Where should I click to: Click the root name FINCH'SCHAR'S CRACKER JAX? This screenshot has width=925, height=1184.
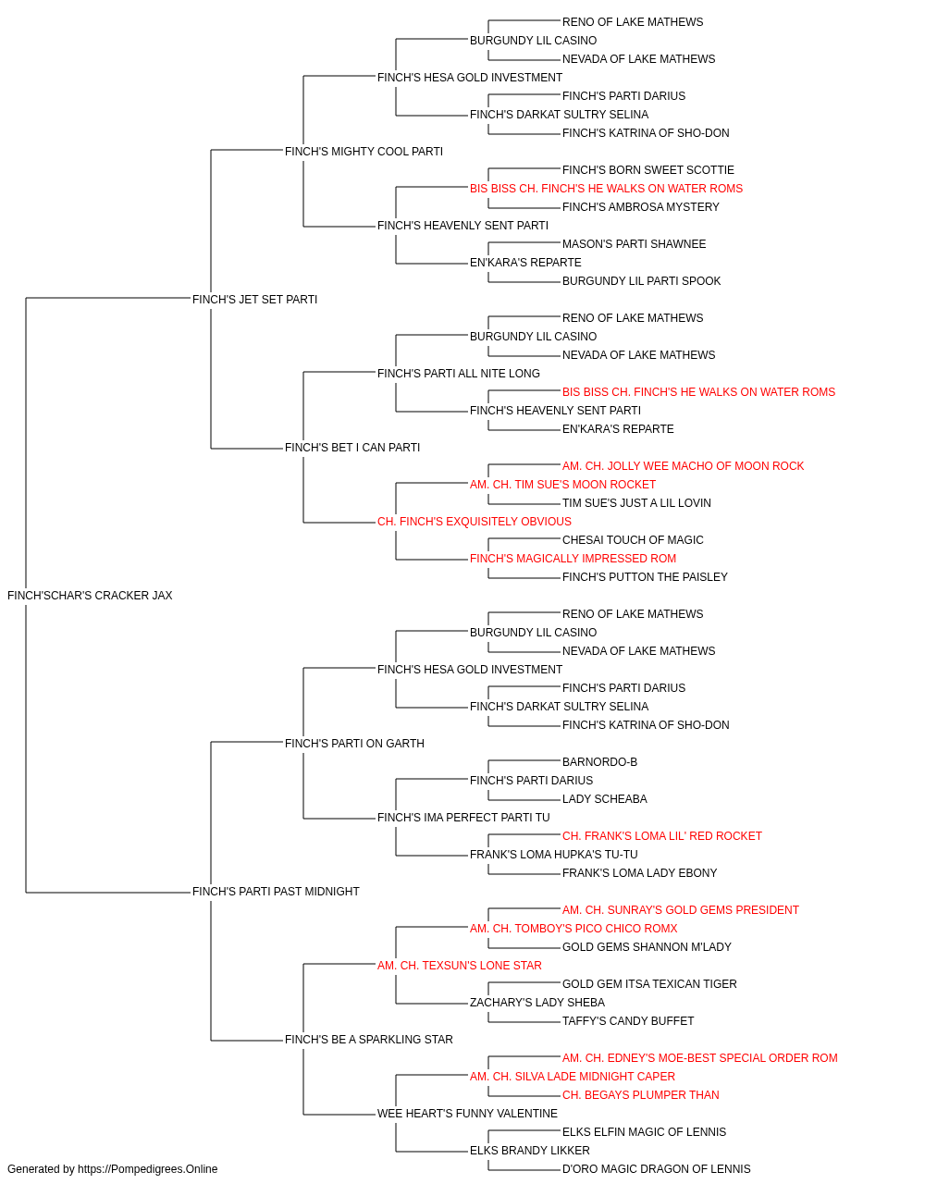click(x=90, y=596)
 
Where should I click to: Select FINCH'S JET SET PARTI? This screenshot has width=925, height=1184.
click(x=255, y=300)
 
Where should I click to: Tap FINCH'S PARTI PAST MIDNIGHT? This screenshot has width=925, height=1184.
click(x=276, y=892)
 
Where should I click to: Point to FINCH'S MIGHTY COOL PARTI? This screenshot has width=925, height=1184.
click(x=364, y=152)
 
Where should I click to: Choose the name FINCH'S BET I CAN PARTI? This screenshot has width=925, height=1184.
click(x=352, y=448)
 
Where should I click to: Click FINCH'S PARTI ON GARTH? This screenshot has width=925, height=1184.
click(x=354, y=743)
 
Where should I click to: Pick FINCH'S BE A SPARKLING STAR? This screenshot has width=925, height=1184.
click(x=369, y=1039)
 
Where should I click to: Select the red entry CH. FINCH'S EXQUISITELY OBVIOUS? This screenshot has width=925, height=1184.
click(x=475, y=522)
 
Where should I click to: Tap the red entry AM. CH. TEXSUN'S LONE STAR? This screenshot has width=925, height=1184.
click(x=460, y=966)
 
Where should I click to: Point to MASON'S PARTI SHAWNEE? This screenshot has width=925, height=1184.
click(x=635, y=244)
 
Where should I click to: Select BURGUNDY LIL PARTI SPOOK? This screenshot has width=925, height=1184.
click(x=642, y=281)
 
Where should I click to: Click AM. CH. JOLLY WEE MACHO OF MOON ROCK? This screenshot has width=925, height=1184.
click(x=684, y=466)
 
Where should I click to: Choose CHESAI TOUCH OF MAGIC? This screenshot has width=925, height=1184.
click(x=633, y=540)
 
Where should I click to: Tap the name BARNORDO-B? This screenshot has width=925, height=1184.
click(x=599, y=761)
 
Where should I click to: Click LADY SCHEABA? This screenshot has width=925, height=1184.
click(x=605, y=799)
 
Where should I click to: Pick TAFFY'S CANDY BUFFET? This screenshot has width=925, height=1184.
click(x=628, y=1020)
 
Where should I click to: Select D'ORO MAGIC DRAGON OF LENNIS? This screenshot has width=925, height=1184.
click(x=657, y=1169)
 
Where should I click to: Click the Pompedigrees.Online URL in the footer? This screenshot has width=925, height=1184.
click(x=148, y=1169)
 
